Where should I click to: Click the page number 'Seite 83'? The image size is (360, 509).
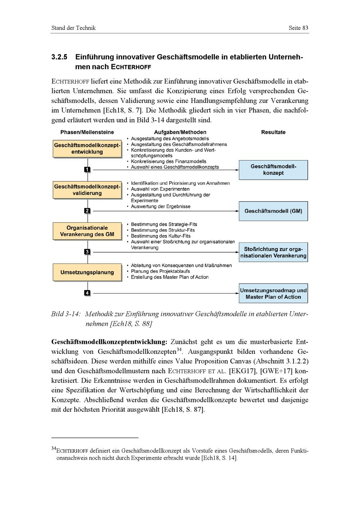pyautogui.click(x=298, y=28)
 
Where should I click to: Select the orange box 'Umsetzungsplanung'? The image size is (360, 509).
pyautogui.click(x=87, y=272)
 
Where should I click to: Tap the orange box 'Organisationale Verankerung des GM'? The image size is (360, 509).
pyautogui.click(x=87, y=231)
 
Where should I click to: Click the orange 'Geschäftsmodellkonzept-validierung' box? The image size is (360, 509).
pyautogui.click(x=87, y=190)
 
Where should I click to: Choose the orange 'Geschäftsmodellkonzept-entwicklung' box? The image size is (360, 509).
pyautogui.click(x=87, y=149)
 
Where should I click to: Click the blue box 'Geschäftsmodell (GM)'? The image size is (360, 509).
pyautogui.click(x=273, y=211)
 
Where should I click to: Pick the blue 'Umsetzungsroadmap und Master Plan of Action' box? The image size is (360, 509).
pyautogui.click(x=273, y=293)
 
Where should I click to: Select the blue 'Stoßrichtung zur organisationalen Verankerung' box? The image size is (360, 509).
pyautogui.click(x=273, y=252)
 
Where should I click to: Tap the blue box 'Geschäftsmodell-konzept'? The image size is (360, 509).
pyautogui.click(x=273, y=170)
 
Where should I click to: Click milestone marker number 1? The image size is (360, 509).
pyautogui.click(x=87, y=170)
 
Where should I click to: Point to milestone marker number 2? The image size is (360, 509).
pyautogui.click(x=87, y=211)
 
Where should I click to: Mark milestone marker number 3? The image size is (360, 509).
pyautogui.click(x=87, y=252)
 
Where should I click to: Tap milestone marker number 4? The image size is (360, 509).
pyautogui.click(x=87, y=293)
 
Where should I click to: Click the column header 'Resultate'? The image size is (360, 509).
pyautogui.click(x=273, y=132)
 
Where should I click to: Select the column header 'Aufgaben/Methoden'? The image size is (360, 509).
pyautogui.click(x=180, y=132)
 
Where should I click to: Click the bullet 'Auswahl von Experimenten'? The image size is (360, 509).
pyautogui.click(x=160, y=189)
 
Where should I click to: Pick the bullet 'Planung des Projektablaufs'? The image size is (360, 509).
pyautogui.click(x=161, y=271)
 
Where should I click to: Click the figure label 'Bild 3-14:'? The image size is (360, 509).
pyautogui.click(x=66, y=314)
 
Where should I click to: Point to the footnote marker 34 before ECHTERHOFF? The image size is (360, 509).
pyautogui.click(x=54, y=449)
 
